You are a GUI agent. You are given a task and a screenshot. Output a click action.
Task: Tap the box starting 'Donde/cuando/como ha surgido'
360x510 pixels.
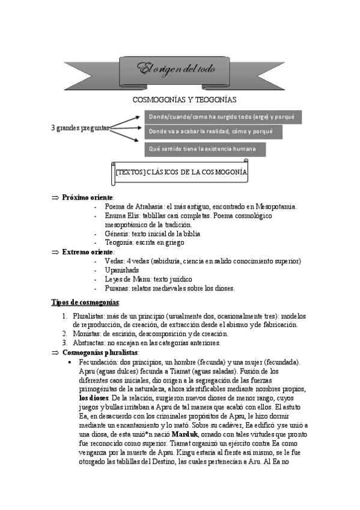[x=222, y=117]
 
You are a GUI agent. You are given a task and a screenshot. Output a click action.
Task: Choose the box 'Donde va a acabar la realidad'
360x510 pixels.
[x=212, y=131]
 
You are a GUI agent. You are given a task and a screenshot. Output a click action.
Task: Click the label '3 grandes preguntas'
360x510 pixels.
[x=81, y=128]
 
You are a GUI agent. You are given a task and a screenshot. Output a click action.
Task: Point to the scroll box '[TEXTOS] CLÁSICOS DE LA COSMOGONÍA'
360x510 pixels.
[x=181, y=172]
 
